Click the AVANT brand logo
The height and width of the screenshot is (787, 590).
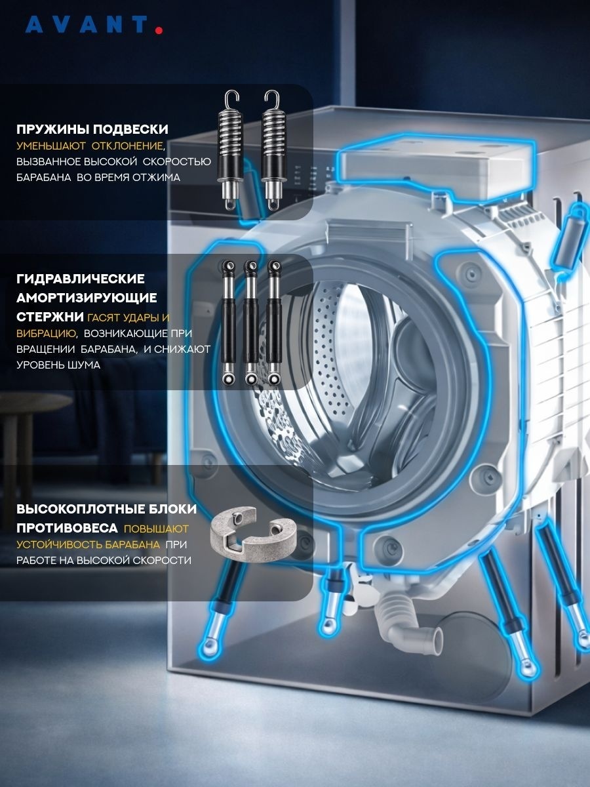point(94,25)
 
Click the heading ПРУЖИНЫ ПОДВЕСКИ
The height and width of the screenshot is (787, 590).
point(92,129)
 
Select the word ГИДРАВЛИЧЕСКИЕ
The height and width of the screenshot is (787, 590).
point(81,279)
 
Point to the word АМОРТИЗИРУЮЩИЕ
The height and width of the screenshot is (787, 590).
point(87,298)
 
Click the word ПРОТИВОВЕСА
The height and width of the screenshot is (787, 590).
point(67,528)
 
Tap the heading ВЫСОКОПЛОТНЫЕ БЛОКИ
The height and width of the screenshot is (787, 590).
point(107,509)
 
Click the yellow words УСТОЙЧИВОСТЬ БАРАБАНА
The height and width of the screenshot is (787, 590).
point(88,544)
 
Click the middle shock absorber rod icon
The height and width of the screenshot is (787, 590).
point(251,323)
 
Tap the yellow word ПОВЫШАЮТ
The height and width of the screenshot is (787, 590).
point(156,529)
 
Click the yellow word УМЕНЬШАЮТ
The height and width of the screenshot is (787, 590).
point(51,146)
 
